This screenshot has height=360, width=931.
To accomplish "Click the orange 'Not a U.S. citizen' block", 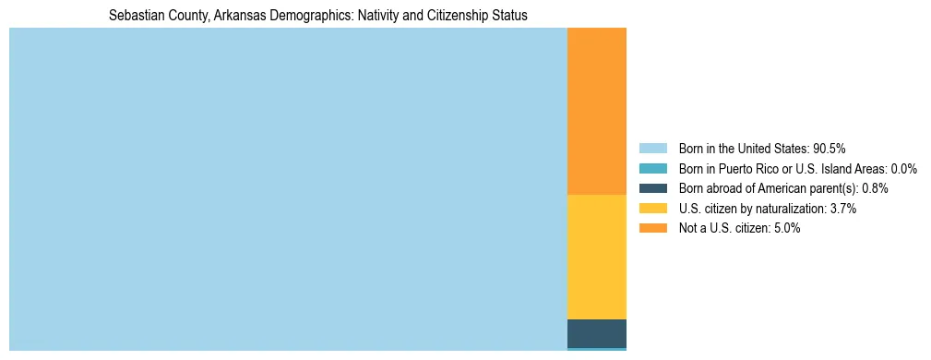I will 596,111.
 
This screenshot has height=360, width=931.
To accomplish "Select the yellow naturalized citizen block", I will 596,257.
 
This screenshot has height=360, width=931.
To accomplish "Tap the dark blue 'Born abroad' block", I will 596,332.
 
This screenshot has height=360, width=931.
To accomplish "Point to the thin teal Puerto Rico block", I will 596,349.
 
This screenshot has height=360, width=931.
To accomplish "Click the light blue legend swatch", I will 652,148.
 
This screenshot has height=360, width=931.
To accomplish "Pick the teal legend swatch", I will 652,168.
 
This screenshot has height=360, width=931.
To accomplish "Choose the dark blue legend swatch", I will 652,188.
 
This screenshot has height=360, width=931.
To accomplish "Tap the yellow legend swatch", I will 652,209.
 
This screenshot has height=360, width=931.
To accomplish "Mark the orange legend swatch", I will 652,229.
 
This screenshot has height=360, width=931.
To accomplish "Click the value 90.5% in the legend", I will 830,148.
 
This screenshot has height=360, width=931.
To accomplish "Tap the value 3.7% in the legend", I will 842,209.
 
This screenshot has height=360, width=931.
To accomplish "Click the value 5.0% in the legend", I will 786,229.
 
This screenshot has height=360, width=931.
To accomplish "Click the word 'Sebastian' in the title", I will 134,16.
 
